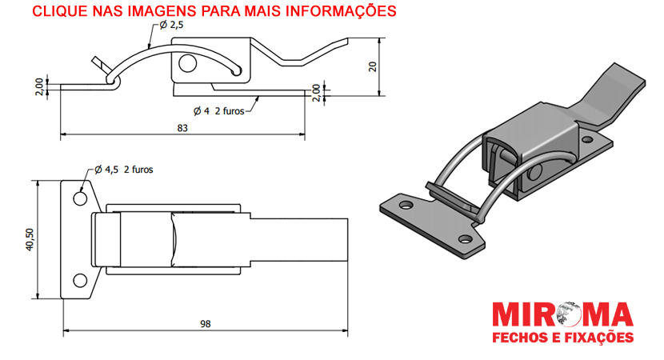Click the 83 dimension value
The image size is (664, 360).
click(182, 128)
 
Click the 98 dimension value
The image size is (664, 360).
click(206, 324)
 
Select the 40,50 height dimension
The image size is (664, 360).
click(30, 240)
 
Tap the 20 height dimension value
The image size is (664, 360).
click(373, 66)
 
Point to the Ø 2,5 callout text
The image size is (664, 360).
click(171, 25)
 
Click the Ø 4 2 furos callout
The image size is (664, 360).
click(219, 111)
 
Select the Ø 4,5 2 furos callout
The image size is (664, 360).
click(124, 170)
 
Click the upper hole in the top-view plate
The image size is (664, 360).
click(80, 198)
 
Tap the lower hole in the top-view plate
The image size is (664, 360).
click(80, 280)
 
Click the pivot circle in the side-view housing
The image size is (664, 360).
click(187, 63)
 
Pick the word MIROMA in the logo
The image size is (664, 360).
click(562, 315)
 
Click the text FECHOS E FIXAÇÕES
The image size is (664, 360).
click(562, 338)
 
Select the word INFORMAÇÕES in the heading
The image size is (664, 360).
click(342, 11)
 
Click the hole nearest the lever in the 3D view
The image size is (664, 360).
click(588, 139)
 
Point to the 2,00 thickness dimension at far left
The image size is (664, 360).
click(39, 87)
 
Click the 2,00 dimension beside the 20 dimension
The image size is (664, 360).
click(316, 93)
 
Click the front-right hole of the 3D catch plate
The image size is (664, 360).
click(466, 240)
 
